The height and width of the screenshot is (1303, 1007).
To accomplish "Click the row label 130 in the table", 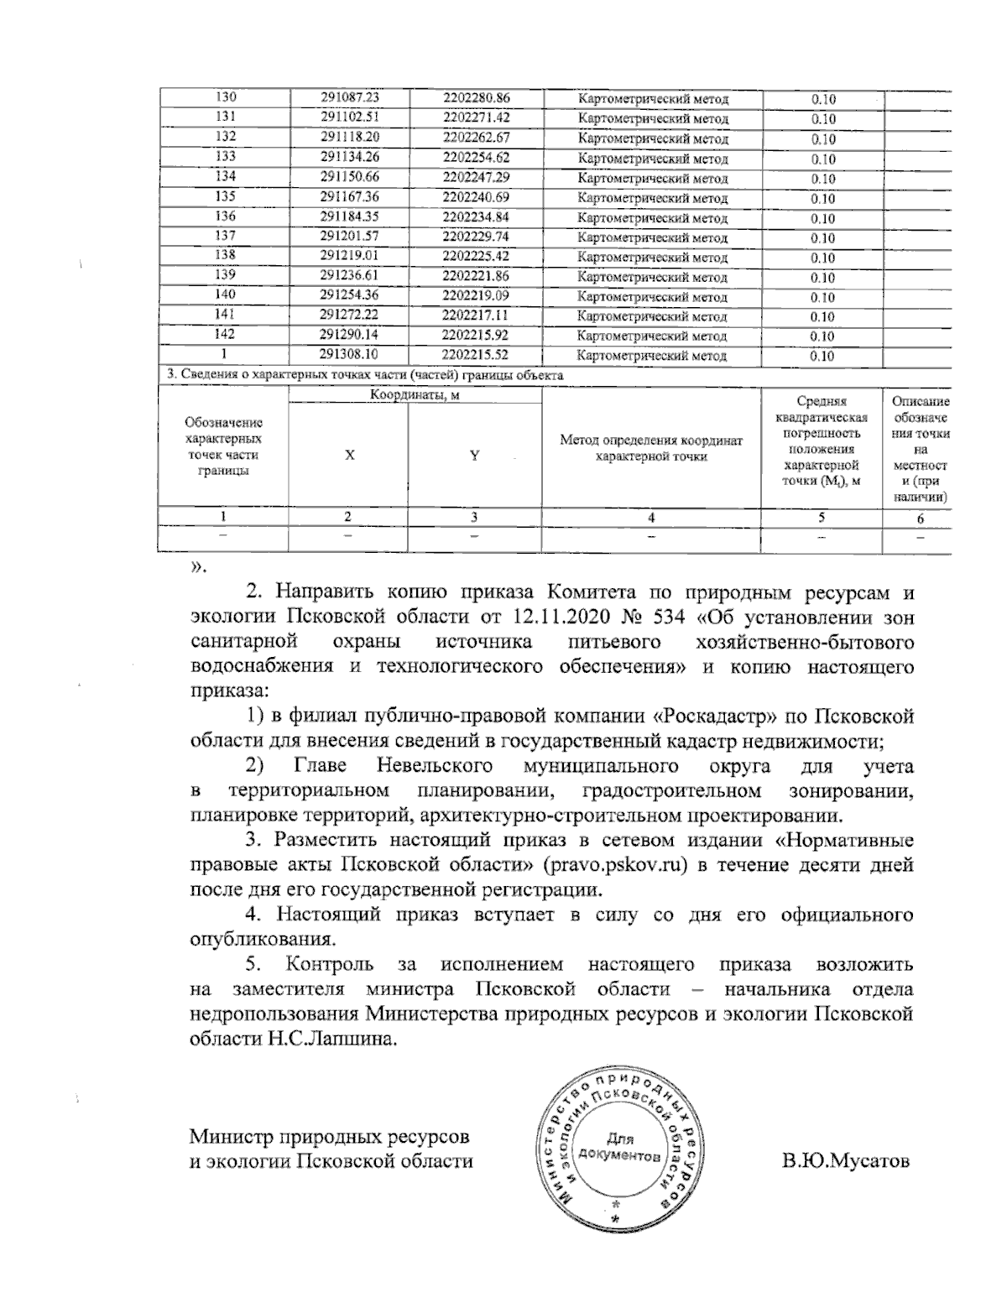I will (x=226, y=98).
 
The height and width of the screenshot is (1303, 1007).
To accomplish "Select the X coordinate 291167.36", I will (x=350, y=197).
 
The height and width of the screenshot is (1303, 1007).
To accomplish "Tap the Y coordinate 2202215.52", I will (x=476, y=355).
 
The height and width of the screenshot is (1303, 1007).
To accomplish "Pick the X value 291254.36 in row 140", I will (x=350, y=295).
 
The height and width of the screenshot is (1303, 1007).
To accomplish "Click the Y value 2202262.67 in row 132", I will (x=476, y=138).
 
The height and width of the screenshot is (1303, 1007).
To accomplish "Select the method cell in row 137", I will (x=653, y=238).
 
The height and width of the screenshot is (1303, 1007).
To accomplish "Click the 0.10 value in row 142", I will (x=823, y=336).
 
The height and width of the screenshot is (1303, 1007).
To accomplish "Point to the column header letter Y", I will (x=475, y=456).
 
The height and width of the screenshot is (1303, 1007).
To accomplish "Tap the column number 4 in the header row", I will (x=652, y=518).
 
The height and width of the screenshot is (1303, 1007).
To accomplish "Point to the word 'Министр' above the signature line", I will (x=233, y=1138).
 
